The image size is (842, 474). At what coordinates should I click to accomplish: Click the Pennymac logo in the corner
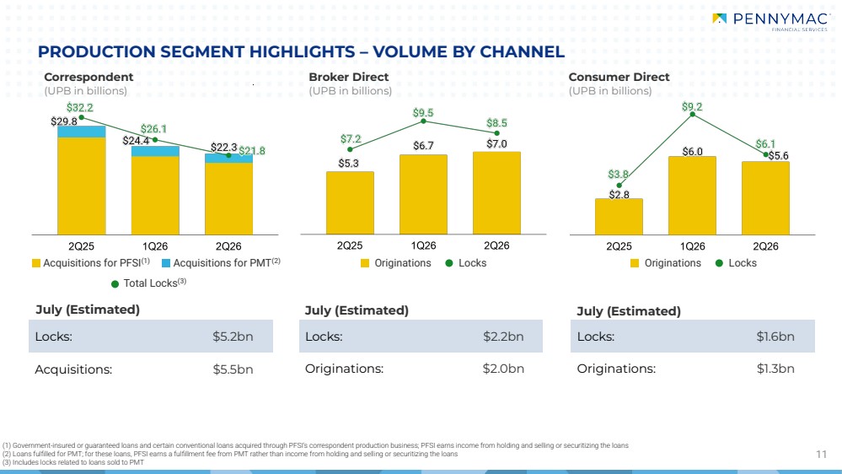pyautogui.click(x=770, y=20)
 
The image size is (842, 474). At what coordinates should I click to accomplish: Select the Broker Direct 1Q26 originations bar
pyautogui.click(x=423, y=195)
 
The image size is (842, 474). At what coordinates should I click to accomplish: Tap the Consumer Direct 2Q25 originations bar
pyautogui.click(x=619, y=217)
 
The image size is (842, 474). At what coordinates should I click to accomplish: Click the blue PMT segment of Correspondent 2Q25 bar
pyautogui.click(x=81, y=132)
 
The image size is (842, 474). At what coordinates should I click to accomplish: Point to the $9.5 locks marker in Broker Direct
pyautogui.click(x=423, y=121)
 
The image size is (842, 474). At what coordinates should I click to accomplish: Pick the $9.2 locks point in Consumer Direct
pyautogui.click(x=692, y=115)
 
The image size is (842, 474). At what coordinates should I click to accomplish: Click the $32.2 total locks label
pyautogui.click(x=79, y=107)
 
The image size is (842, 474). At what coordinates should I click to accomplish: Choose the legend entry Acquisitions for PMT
pyautogui.click(x=221, y=263)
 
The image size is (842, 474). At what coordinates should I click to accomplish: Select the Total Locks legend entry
pyautogui.click(x=148, y=283)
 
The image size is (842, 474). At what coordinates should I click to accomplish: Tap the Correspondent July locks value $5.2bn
pyautogui.click(x=233, y=337)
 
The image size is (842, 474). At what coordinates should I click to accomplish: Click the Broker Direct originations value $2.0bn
pyautogui.click(x=503, y=369)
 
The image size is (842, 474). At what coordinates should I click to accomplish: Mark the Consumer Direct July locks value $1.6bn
pyautogui.click(x=775, y=337)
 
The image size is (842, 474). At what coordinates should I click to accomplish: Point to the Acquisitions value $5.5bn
pyautogui.click(x=233, y=369)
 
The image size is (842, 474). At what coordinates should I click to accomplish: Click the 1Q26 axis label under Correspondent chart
pyautogui.click(x=154, y=246)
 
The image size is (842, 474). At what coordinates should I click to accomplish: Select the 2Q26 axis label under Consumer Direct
pyautogui.click(x=765, y=246)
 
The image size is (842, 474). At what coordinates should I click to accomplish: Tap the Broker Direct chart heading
pyautogui.click(x=348, y=77)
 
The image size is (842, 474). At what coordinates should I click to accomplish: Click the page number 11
pyautogui.click(x=821, y=455)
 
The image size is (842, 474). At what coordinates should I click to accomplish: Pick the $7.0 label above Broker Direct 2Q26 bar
pyautogui.click(x=496, y=144)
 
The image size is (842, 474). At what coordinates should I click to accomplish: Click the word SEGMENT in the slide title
pyautogui.click(x=202, y=52)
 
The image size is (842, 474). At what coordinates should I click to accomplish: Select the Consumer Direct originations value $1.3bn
pyautogui.click(x=775, y=369)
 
